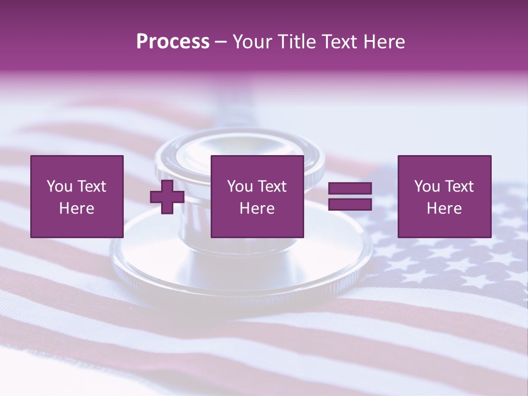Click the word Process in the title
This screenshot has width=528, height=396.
click(x=173, y=42)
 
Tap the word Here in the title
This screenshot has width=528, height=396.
click(x=383, y=42)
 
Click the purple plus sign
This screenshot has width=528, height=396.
click(x=167, y=197)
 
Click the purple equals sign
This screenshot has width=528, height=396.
click(x=350, y=196)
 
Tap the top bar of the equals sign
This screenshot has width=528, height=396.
click(x=350, y=189)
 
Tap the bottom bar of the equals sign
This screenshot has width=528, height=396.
click(x=350, y=204)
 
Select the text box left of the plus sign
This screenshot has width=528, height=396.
click(x=76, y=196)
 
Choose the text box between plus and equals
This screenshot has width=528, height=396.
click(x=257, y=196)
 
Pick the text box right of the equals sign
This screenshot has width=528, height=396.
click(x=444, y=196)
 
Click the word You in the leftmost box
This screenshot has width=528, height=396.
click(x=59, y=186)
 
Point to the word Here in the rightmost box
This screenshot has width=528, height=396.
click(x=444, y=208)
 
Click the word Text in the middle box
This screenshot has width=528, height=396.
click(x=272, y=186)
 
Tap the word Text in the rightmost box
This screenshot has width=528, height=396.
click(x=459, y=186)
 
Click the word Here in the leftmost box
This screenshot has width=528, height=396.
click(x=76, y=208)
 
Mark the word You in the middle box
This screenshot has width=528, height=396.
click(x=240, y=186)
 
